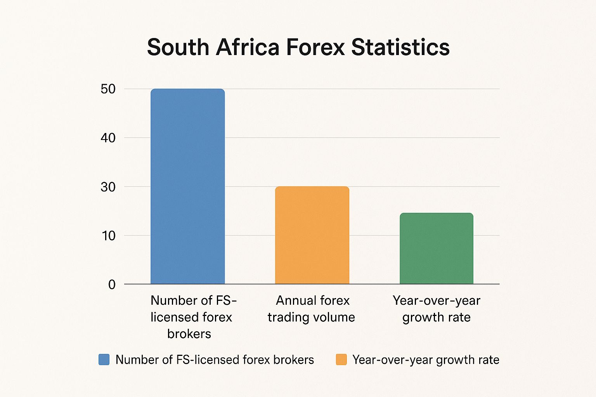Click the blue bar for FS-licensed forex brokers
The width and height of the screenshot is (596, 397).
pos(187,186)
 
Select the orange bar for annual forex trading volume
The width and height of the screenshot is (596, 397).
pos(312,235)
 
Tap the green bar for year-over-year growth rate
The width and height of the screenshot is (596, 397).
pos(437,248)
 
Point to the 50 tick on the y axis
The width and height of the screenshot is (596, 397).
pos(108,89)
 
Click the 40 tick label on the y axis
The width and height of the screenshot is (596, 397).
pos(108,138)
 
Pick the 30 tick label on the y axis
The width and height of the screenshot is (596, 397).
pos(108,187)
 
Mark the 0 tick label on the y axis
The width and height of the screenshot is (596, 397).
pos(112,285)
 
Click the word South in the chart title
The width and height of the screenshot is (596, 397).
pos(178,47)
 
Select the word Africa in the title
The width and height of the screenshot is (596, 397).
pos(248,47)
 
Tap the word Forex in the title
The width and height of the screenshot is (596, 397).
pos(315,47)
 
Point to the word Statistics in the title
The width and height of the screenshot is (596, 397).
pos(400,47)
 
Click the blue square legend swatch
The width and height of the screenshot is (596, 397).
pos(104,359)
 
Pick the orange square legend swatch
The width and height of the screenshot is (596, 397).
pos(341,359)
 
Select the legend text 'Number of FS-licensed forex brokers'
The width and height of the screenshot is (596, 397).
pos(215,360)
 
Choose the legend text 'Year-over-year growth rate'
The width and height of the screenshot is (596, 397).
pos(426,360)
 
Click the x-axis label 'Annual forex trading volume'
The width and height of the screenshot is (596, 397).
pos(312,309)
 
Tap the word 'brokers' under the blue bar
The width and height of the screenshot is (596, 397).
pos(189,334)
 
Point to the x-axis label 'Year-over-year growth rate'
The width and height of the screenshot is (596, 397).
pos(437,309)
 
